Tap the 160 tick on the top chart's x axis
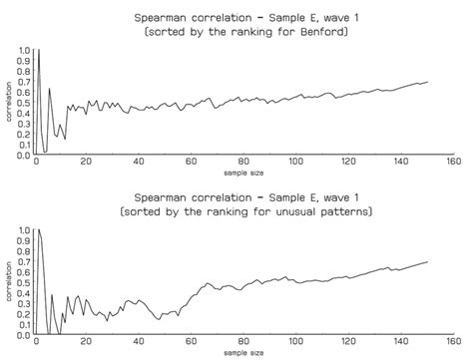451,163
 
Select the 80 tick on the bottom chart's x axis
243,343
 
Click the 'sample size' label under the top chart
243,174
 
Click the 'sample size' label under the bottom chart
243,354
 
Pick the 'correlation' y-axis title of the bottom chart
8,283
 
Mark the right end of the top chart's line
428,82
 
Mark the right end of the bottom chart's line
428,261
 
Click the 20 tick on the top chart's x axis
87,163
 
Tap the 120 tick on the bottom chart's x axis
347,343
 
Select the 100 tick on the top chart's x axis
295,163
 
